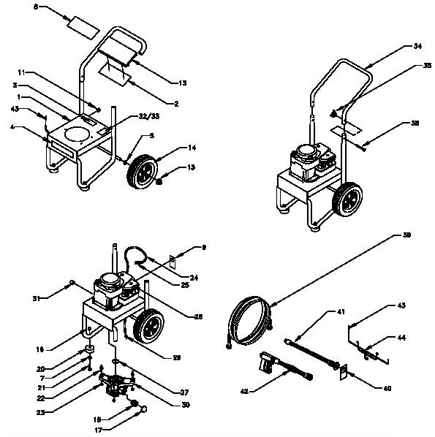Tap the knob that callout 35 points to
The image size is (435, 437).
[x=333, y=113]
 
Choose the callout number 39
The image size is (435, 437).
[x=407, y=236]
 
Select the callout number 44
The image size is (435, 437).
[x=403, y=338]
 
